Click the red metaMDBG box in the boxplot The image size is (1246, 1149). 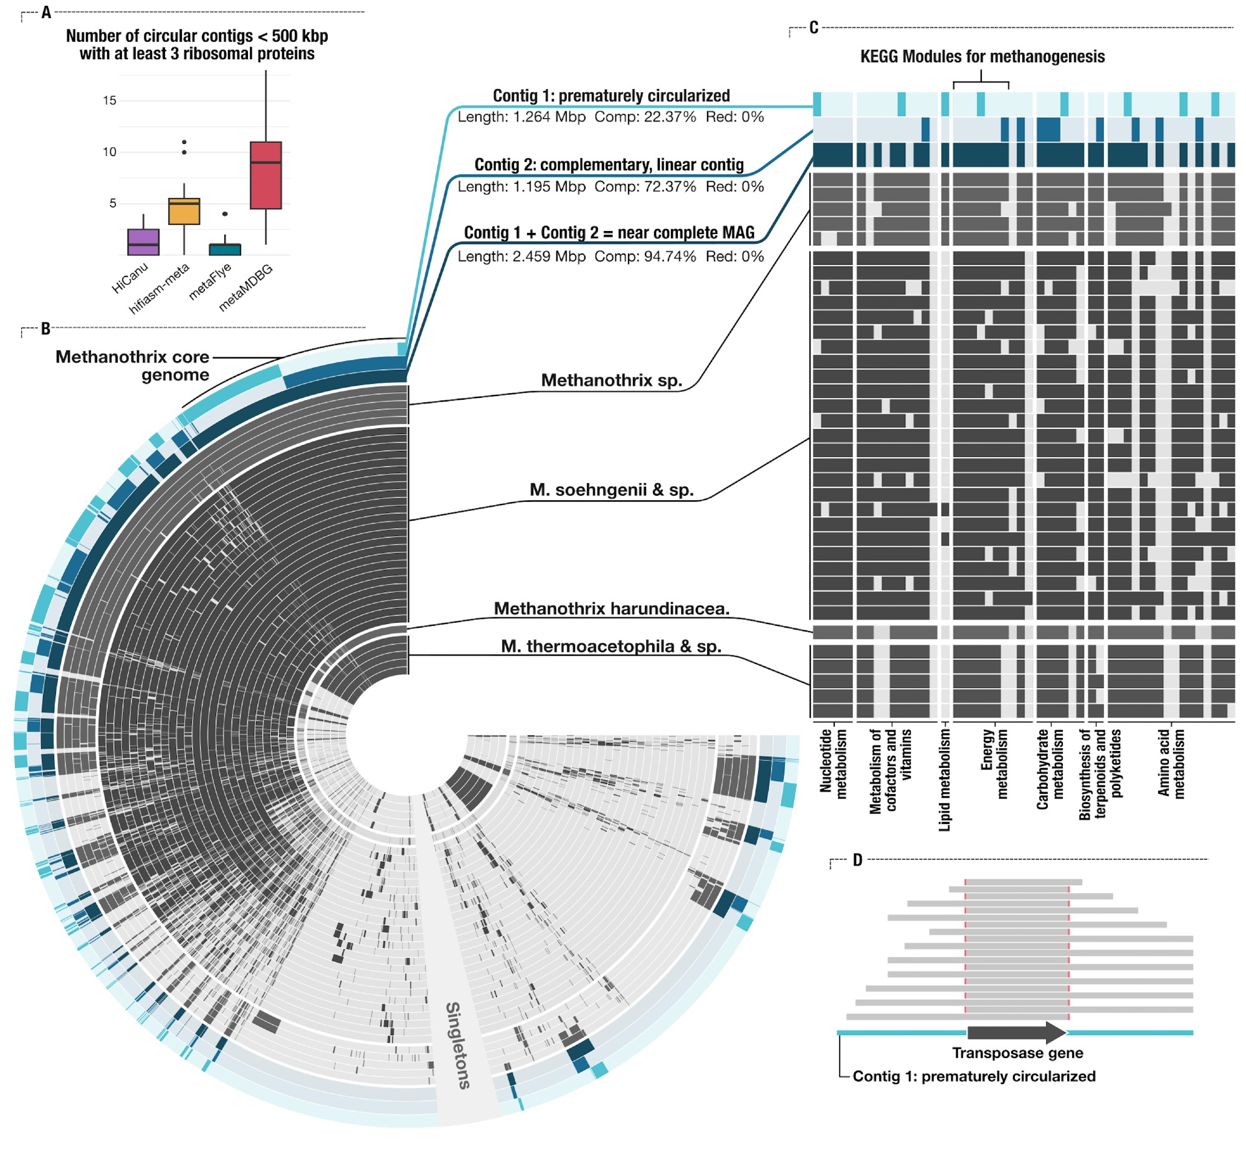[265, 175]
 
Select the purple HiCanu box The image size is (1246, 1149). [143, 242]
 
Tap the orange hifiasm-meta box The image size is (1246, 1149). [184, 211]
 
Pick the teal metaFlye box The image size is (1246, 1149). [225, 249]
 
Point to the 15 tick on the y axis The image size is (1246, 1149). [110, 100]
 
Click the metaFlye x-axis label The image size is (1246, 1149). [210, 281]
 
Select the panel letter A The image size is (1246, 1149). [46, 12]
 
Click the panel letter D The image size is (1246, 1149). [857, 860]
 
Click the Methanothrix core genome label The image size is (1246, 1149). [132, 366]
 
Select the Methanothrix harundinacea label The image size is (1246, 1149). [611, 608]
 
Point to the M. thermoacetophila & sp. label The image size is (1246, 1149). [611, 646]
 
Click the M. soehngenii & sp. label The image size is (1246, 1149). [611, 490]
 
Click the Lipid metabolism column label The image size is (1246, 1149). [945, 780]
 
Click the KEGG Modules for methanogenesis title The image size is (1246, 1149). [982, 57]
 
